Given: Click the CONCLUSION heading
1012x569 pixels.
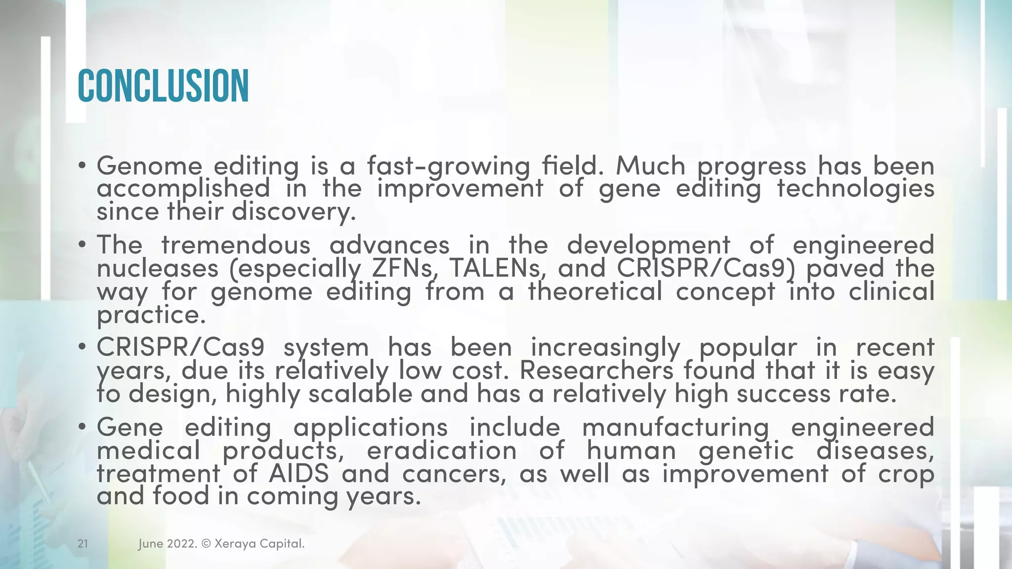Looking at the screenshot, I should tap(163, 86).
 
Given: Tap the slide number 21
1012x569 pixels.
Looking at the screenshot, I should tap(83, 544).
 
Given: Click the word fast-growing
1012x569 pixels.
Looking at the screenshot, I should tap(448, 166).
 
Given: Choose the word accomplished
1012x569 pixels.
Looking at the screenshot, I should tap(183, 189).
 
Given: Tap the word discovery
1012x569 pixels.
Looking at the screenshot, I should tap(294, 212).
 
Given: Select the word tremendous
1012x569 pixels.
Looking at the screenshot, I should tap(236, 245).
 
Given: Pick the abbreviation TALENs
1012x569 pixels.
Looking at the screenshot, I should tap(497, 268).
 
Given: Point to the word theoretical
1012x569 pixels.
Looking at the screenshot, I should tap(595, 291).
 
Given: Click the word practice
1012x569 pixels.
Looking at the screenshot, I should tap(151, 315).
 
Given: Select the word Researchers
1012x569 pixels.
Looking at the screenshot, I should tap(596, 370).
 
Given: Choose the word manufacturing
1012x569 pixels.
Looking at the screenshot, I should tap(675, 427).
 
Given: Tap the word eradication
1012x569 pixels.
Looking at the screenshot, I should tap(441, 450).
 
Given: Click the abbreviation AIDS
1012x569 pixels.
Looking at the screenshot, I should tap(299, 474).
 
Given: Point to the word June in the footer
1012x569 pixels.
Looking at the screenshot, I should tap(150, 544).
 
